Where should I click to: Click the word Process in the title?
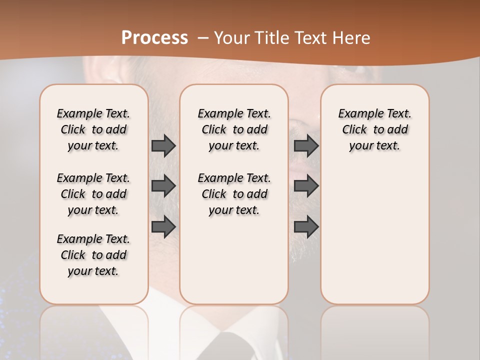pyautogui.click(x=154, y=38)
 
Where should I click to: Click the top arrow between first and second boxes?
pyautogui.click(x=163, y=146)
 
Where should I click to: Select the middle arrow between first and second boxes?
pyautogui.click(x=163, y=186)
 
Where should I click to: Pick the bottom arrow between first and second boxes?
pyautogui.click(x=163, y=227)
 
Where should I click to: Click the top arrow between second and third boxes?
pyautogui.click(x=306, y=146)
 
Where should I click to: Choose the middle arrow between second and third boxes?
pyautogui.click(x=306, y=186)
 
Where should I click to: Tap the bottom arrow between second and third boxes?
pyautogui.click(x=306, y=227)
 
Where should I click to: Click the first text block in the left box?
pyautogui.click(x=93, y=129)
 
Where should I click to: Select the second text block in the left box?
pyautogui.click(x=93, y=194)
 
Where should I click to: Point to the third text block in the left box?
pyautogui.click(x=93, y=255)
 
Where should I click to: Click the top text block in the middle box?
pyautogui.click(x=234, y=129)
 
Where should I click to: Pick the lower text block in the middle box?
pyautogui.click(x=234, y=194)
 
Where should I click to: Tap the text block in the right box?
pyautogui.click(x=374, y=129)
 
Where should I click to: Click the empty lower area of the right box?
pyautogui.click(x=374, y=235)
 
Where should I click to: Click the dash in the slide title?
pyautogui.click(x=202, y=38)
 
